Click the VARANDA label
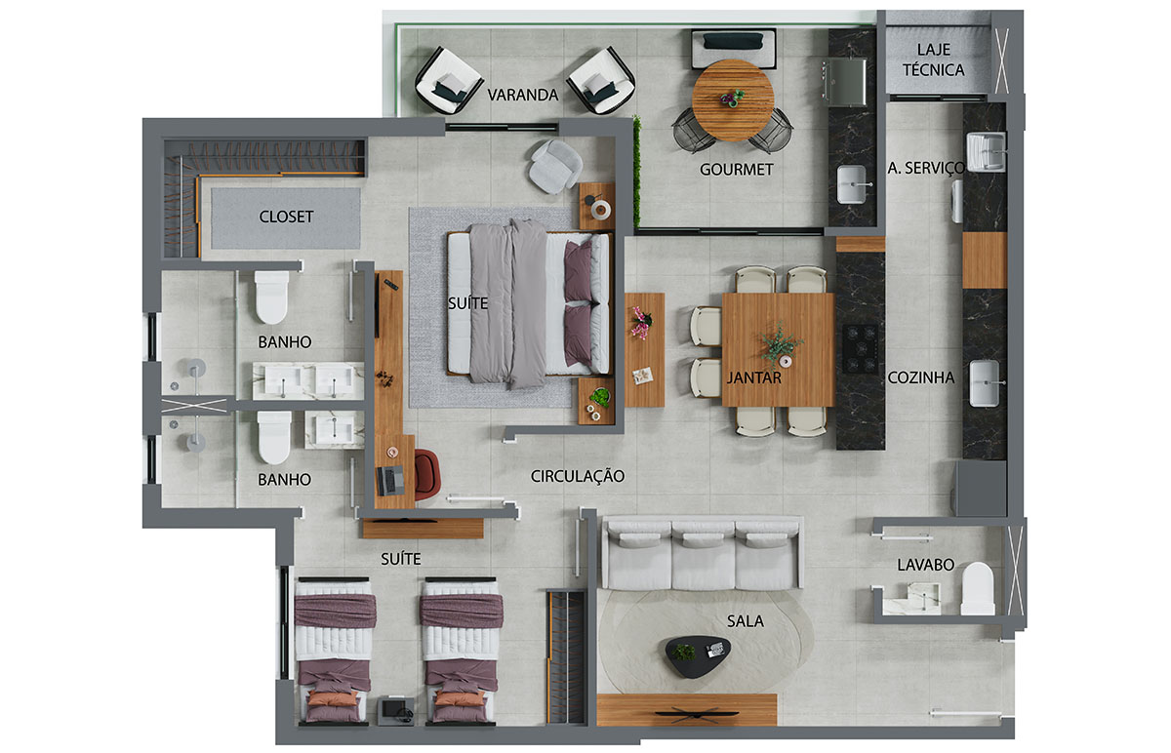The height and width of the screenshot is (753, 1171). click(523, 96)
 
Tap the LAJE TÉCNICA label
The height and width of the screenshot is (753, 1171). click(934, 59)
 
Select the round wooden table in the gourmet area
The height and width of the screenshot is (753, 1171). click(733, 100)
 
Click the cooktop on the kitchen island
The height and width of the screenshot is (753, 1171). click(860, 348)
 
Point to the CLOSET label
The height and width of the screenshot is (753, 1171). click(287, 217)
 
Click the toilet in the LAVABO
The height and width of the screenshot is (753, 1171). click(978, 588)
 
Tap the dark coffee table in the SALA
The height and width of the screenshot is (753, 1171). click(698, 656)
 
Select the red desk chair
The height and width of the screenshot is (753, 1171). click(427, 475)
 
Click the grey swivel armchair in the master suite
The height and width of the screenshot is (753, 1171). click(555, 166)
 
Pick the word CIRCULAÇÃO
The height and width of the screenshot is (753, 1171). click(578, 476)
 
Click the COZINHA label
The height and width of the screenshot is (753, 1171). click(921, 377)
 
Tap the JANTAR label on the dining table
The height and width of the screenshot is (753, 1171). click(753, 377)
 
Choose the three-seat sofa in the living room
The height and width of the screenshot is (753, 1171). click(703, 553)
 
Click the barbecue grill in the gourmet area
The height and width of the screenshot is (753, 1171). click(844, 82)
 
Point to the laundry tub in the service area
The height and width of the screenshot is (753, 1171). click(986, 152)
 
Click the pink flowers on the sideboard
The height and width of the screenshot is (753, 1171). click(641, 323)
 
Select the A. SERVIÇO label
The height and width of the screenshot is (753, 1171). click(926, 168)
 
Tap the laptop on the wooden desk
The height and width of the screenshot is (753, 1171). click(390, 481)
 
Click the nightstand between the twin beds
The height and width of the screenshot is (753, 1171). click(396, 711)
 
